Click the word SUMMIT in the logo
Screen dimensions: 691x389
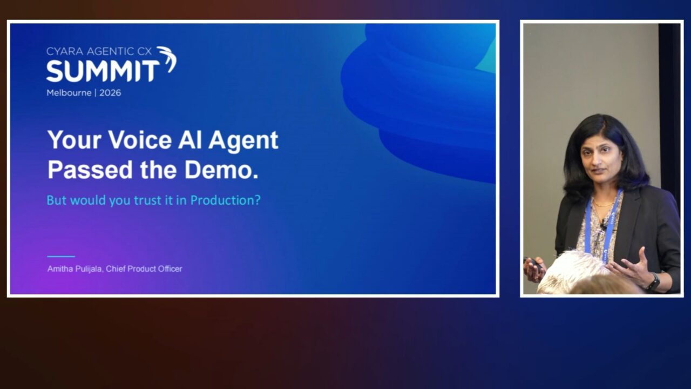pyautogui.click(x=103, y=71)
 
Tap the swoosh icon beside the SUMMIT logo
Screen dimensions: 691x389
pyautogui.click(x=168, y=59)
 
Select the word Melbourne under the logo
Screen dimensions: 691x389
pyautogui.click(x=69, y=93)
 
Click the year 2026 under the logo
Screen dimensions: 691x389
pyautogui.click(x=110, y=93)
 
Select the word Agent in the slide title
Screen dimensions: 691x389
pyautogui.click(x=243, y=141)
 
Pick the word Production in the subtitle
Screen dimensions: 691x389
pyautogui.click(x=226, y=200)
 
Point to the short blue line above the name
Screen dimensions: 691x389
pyautogui.click(x=61, y=256)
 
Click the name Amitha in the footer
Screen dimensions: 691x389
pyautogui.click(x=59, y=269)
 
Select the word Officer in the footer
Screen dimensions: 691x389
pyautogui.click(x=170, y=269)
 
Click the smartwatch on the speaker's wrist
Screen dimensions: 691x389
pyautogui.click(x=653, y=281)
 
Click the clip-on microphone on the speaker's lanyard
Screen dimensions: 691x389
pyautogui.click(x=603, y=226)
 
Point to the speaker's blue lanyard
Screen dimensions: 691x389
pyautogui.click(x=604, y=225)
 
